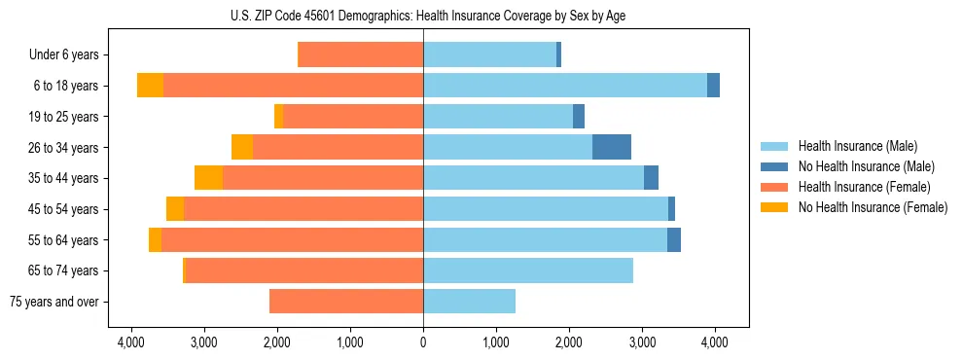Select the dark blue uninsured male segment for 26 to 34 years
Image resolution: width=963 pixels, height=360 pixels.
click(612, 147)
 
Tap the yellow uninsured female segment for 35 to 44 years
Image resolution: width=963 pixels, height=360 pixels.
click(208, 178)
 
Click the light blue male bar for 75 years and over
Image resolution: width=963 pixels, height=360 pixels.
click(469, 302)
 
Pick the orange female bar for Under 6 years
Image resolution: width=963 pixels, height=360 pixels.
click(360, 54)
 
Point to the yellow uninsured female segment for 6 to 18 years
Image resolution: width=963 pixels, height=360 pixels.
click(150, 86)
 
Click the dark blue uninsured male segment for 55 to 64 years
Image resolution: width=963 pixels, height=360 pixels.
click(674, 239)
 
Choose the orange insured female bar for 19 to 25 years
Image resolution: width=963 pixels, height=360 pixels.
click(352, 117)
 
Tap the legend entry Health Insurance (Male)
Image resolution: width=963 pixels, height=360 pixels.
click(856, 146)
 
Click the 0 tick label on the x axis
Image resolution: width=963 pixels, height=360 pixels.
click(423, 342)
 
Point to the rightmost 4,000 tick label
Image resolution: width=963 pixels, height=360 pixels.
click(715, 342)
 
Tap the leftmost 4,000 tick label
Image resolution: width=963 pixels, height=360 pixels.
click(131, 342)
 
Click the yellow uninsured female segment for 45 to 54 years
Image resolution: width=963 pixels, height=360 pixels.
click(175, 209)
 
